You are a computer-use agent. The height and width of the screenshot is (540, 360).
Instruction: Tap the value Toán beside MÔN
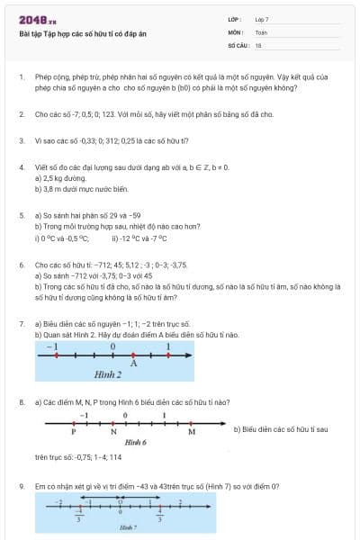261,31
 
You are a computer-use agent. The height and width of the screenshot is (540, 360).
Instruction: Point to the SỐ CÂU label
237,44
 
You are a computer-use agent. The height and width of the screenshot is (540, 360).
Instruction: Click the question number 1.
21,78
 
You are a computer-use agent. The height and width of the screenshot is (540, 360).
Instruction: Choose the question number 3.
21,140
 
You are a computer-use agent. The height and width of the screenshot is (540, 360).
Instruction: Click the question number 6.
21,265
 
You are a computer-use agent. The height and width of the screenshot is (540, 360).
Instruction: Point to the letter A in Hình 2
133,364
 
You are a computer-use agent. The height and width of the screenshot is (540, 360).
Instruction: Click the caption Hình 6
135,443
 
